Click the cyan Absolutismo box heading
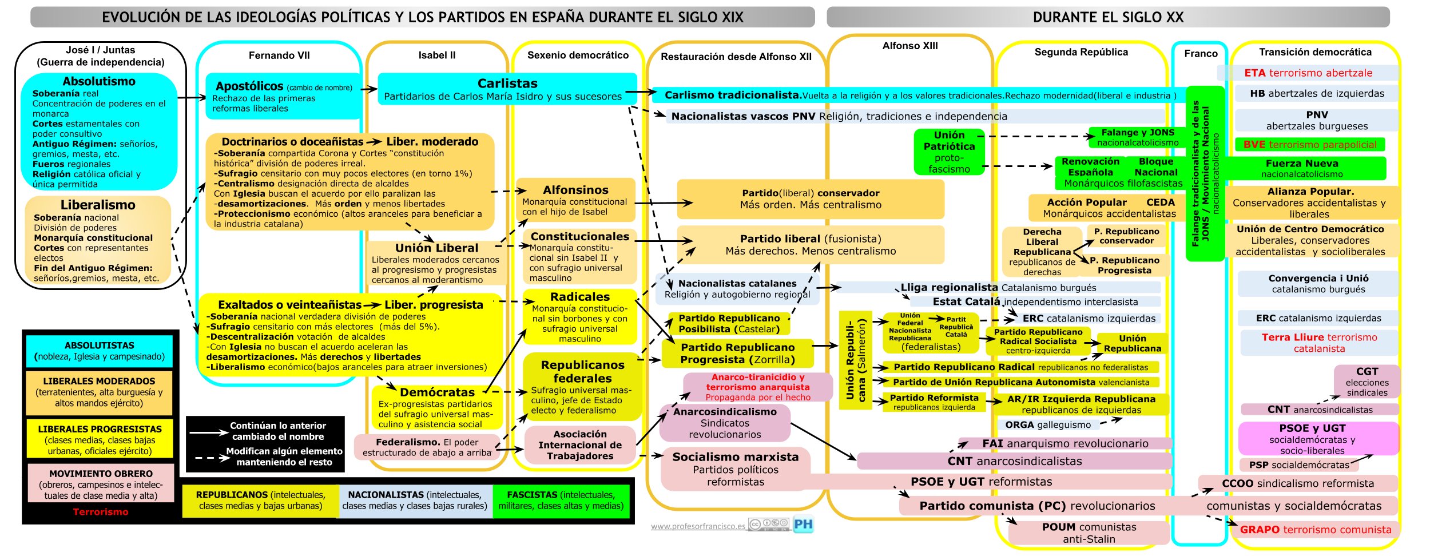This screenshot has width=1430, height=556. pos(99,82)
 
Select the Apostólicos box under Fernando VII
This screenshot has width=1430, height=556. pos(283,96)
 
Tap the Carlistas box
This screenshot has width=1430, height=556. pos(507,89)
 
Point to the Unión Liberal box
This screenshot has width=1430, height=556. pos(436,263)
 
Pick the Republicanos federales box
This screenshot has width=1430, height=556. pos(582,387)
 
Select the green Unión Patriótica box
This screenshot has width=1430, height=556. pos(949,152)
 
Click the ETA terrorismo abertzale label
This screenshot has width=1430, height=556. pos(1308,73)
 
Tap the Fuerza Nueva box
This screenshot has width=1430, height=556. pos(1302,168)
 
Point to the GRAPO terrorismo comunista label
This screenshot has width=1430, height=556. pos(1315,530)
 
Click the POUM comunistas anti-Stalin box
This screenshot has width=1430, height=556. pos(1089,533)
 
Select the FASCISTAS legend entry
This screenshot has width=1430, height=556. pos(561,500)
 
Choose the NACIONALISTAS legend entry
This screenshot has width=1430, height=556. pos(415,500)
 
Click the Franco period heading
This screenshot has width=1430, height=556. pos(1201,54)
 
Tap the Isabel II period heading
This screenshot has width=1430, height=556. pos(437,55)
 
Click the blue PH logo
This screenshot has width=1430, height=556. pos(803,524)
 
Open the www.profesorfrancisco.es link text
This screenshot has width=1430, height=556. pos(697,526)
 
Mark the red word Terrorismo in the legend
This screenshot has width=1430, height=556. pos(101,512)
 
